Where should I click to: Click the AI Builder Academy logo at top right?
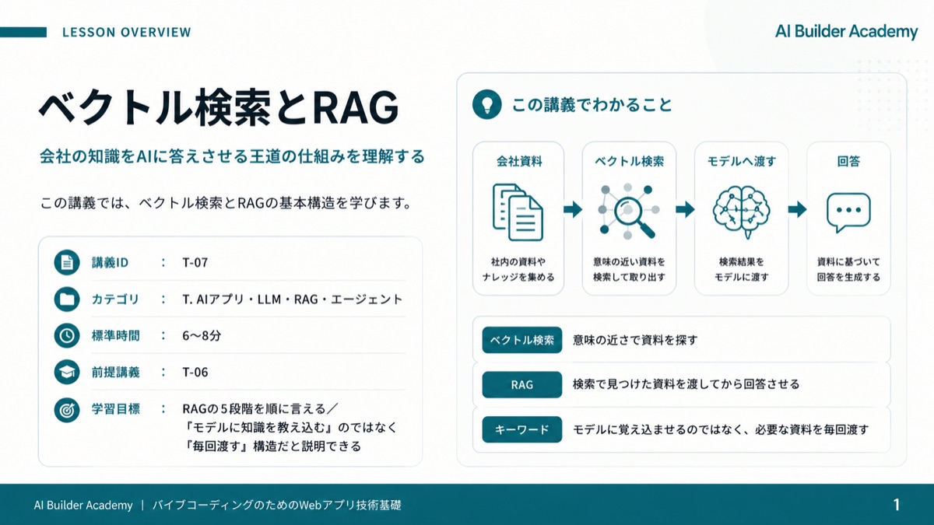847,32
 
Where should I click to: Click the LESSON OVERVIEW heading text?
127,32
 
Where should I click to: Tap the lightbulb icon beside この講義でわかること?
486,104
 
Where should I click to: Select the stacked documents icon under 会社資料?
518,212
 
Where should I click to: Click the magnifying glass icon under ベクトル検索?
628,212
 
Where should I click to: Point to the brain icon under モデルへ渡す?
741,212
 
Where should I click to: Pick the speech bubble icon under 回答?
848,212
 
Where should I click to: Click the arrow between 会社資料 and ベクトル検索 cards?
573,209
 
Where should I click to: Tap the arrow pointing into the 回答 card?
797,209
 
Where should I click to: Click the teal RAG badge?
522,384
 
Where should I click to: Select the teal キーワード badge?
522,429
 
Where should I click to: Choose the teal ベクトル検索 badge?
522,340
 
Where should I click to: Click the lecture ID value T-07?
195,263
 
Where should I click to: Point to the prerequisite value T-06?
195,372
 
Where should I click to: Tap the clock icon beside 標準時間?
67,335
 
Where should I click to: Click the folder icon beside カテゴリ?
67,299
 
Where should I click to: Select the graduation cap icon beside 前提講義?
67,372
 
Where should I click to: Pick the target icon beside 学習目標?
67,410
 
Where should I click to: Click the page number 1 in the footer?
897,505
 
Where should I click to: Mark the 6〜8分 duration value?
202,335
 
